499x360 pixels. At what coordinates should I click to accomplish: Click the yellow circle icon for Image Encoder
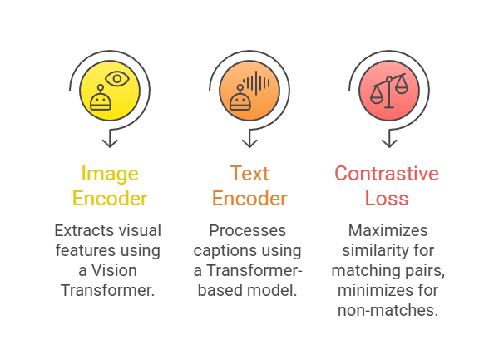coord(108,91)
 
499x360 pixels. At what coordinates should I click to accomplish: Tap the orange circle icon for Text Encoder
coord(249,91)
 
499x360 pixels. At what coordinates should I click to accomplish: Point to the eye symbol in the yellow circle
coord(118,80)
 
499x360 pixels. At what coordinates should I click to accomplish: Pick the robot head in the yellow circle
coord(101,100)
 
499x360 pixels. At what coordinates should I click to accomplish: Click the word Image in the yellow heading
coord(108,175)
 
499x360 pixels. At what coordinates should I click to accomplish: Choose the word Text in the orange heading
coord(249,174)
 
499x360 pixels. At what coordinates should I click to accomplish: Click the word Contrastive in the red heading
coord(387,174)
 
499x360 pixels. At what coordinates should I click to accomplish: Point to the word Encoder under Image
coord(109,199)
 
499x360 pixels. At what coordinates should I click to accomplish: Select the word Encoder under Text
coord(249,199)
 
